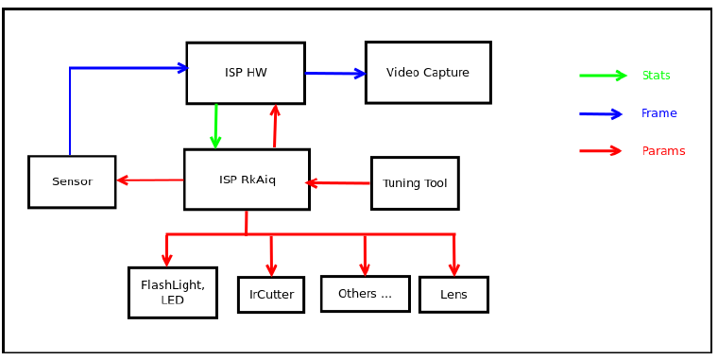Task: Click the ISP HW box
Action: point(246,73)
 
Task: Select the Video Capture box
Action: point(428,73)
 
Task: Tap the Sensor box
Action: point(72,181)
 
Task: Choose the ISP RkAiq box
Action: point(247,180)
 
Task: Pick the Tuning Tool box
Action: point(415,183)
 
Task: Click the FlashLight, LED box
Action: point(173,293)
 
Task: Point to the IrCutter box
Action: point(271,295)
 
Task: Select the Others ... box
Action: point(365,294)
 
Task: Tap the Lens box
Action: point(453,295)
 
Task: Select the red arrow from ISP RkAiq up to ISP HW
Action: point(275,127)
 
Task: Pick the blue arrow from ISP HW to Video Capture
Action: point(335,73)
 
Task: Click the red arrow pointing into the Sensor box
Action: point(149,180)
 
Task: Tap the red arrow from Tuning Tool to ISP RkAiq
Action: point(339,183)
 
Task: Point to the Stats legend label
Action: point(656,76)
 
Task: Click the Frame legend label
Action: point(658,113)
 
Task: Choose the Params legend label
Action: point(663,151)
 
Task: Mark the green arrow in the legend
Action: point(603,76)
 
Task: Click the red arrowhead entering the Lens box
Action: point(454,269)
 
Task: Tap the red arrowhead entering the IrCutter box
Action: point(271,269)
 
